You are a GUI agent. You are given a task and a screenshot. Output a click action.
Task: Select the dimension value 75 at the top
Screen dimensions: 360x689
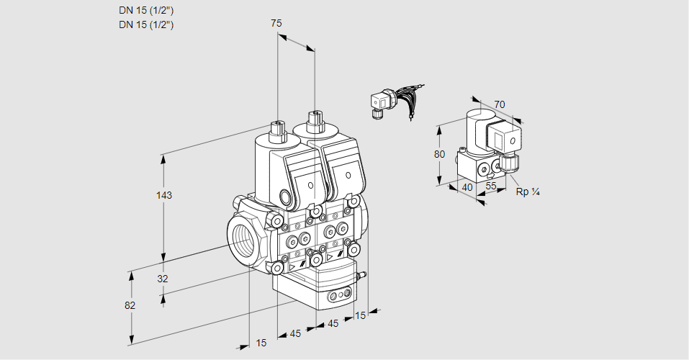tap(276, 23)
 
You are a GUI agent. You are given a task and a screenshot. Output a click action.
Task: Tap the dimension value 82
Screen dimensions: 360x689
tap(130, 305)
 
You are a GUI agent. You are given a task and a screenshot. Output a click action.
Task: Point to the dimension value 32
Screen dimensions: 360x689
tap(162, 279)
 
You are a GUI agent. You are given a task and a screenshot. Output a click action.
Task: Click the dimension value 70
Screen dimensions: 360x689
tap(500, 104)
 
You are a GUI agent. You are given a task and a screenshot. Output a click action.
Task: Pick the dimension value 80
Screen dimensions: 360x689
tap(440, 154)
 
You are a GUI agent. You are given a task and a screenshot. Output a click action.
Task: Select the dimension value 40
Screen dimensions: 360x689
tap(467, 187)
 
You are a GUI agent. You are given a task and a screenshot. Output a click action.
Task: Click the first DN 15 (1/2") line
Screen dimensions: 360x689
tap(146, 11)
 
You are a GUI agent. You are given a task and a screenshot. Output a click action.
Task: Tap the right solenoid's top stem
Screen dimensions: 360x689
tap(313, 121)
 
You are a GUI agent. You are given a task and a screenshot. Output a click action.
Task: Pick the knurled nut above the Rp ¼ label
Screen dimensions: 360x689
tap(510, 163)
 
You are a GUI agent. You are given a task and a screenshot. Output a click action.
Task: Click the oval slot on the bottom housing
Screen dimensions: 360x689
tap(338, 296)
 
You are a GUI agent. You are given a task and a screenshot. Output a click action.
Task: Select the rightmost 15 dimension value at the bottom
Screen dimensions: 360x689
tap(361, 315)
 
